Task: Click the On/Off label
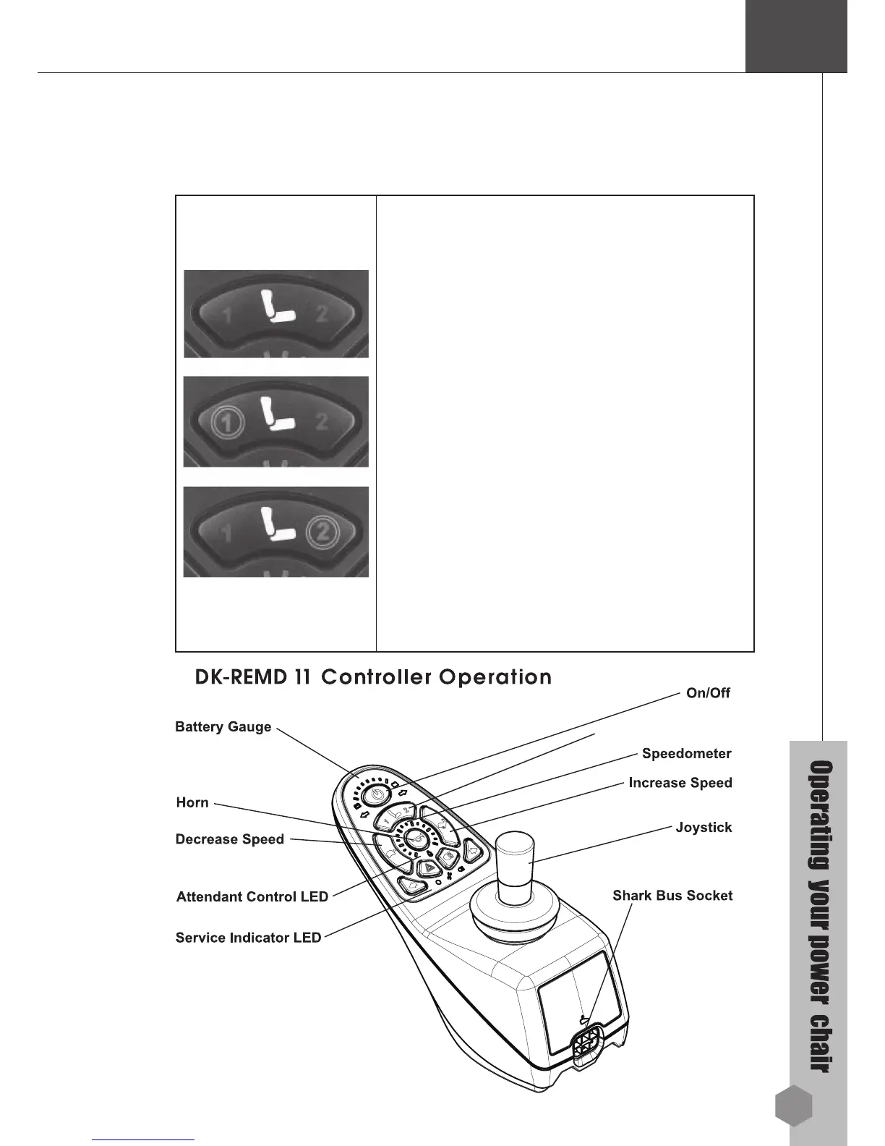click(707, 693)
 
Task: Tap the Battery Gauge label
click(223, 727)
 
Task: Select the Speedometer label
click(686, 754)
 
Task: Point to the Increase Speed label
click(680, 783)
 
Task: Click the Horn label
click(192, 802)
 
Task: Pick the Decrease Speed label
click(229, 839)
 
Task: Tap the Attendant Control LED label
click(252, 897)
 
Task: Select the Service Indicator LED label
click(248, 938)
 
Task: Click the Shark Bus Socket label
click(672, 896)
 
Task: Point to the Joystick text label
click(703, 827)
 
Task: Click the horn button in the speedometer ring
click(416, 838)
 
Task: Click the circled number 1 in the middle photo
click(226, 422)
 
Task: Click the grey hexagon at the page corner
click(793, 1106)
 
